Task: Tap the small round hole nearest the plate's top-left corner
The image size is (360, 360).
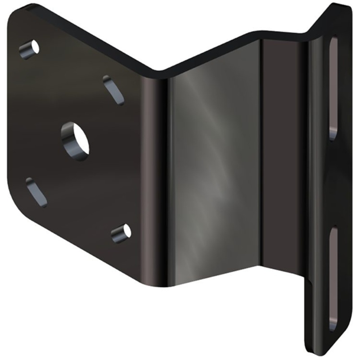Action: pyautogui.click(x=30, y=49)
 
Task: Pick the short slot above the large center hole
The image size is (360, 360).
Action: pyautogui.click(x=113, y=90)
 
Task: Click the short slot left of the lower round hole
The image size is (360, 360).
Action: pyautogui.click(x=36, y=192)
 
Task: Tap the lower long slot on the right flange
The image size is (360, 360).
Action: pyautogui.click(x=333, y=279)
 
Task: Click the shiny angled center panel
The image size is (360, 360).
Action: pyautogui.click(x=211, y=171)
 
